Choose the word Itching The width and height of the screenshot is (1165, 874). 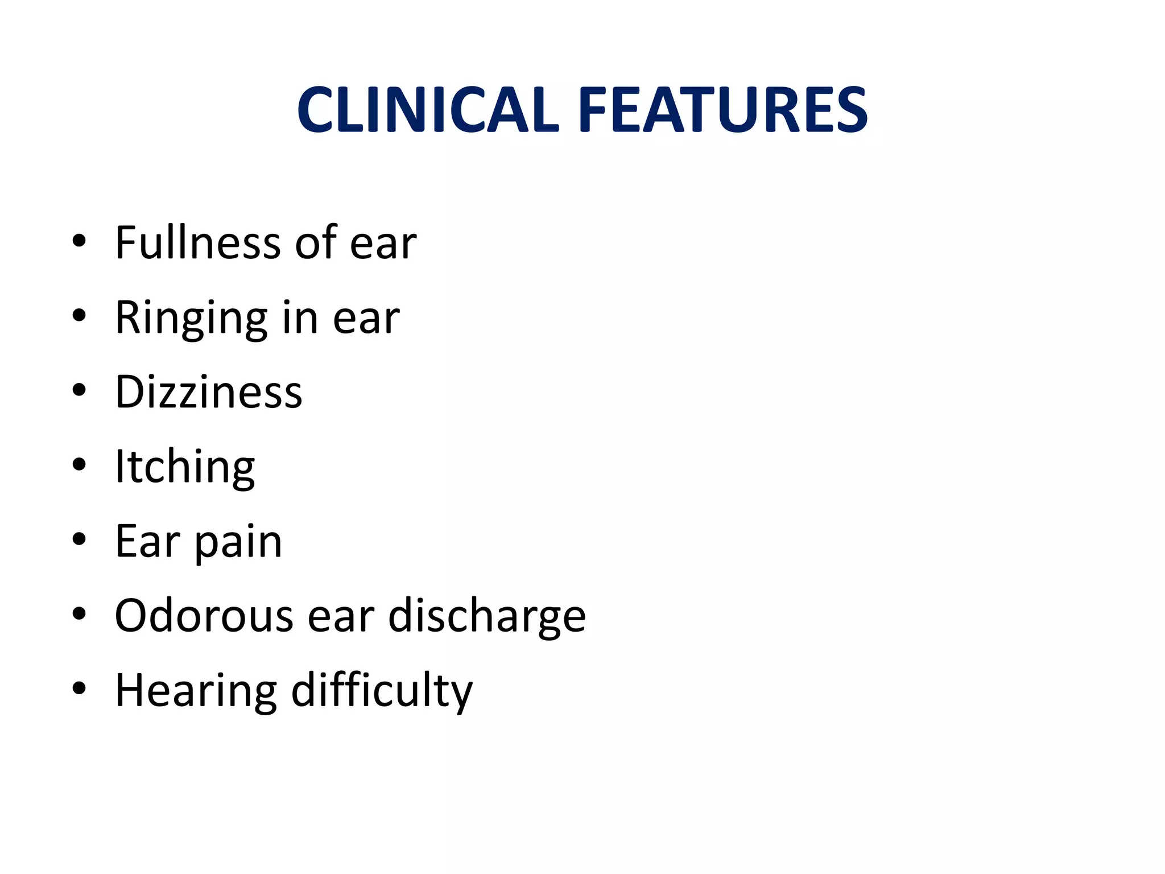pos(185,467)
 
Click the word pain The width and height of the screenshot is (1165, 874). pos(238,541)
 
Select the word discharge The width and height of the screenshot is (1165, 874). pos(487,617)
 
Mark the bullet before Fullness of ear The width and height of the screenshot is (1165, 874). pos(79,241)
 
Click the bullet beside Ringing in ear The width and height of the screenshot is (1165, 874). pos(79,315)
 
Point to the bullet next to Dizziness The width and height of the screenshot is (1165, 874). pos(79,390)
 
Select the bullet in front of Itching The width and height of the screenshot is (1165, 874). pos(79,465)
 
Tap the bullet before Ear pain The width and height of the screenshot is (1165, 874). pos(79,539)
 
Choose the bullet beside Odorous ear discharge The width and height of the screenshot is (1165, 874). pos(79,614)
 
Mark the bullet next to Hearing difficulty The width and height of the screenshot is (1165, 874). pos(79,689)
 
